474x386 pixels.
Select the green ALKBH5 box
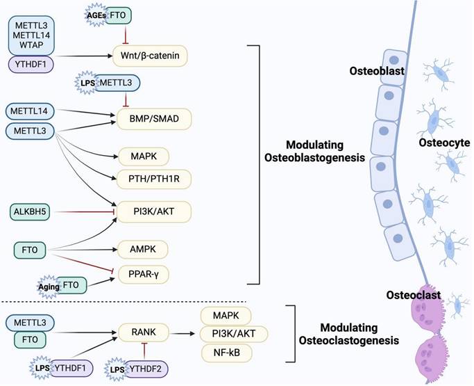[29, 211]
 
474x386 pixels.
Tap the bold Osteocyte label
[445, 143]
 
